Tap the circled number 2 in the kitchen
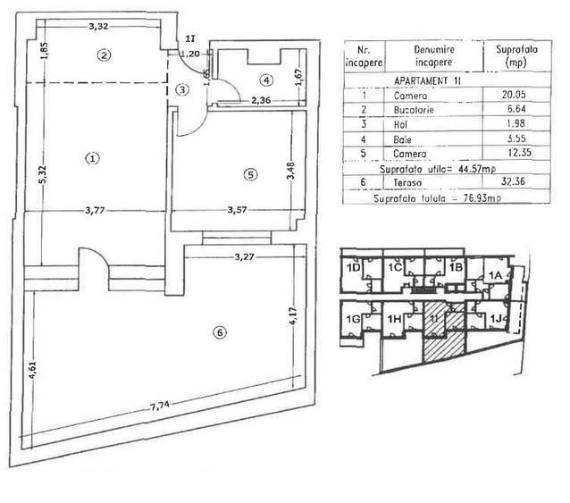[104, 54]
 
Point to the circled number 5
[250, 174]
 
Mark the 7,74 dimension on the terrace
[160, 407]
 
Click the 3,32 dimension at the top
[99, 26]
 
